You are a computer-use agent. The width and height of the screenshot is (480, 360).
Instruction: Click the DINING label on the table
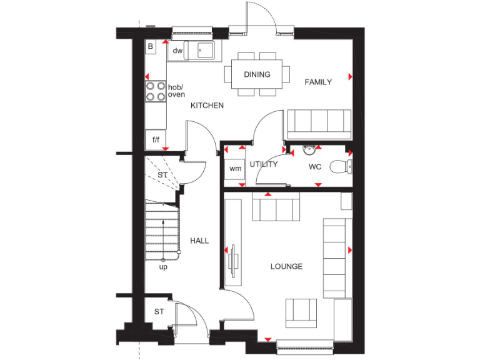tap(257, 74)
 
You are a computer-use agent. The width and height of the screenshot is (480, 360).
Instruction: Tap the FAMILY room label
tap(317, 82)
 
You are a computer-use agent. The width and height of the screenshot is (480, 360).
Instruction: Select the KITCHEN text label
tap(207, 106)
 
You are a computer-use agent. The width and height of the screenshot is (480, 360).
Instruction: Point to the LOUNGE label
tap(286, 266)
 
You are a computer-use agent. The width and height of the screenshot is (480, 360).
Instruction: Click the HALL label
tap(199, 241)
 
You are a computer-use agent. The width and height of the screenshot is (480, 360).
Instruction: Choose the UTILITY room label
tap(263, 164)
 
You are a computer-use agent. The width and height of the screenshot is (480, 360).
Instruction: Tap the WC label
tap(314, 167)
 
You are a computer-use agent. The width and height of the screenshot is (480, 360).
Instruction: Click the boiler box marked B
tap(151, 47)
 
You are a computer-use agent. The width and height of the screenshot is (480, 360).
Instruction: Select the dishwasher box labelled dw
tap(177, 51)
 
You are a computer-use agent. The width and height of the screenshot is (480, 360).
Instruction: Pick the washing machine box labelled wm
tap(235, 169)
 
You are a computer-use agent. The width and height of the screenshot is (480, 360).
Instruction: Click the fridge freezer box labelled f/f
tap(155, 139)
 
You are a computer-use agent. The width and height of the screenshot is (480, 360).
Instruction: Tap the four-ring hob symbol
tap(156, 91)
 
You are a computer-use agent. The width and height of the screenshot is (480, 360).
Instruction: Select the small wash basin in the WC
tap(307, 149)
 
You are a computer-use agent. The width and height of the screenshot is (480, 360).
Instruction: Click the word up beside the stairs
tap(163, 267)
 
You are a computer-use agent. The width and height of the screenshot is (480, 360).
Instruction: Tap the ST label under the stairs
tap(162, 175)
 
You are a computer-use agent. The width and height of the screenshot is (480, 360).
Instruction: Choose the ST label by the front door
tap(159, 311)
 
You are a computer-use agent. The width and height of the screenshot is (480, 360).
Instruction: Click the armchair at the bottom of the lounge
tap(301, 311)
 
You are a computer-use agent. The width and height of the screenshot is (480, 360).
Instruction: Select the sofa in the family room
tap(319, 124)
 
